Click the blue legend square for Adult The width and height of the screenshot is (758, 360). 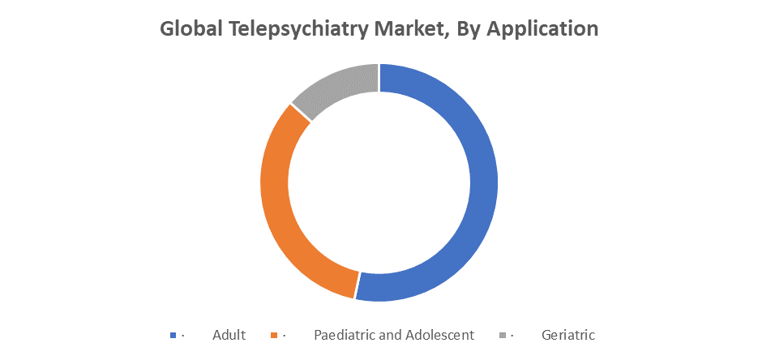(173, 335)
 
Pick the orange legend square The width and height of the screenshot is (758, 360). (273, 335)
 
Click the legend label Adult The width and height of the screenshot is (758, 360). (229, 335)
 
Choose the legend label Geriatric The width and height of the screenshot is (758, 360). (568, 335)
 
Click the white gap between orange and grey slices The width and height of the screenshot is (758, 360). (301, 113)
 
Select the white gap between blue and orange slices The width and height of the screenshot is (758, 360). (356, 285)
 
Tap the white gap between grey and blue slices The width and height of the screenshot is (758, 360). (379, 77)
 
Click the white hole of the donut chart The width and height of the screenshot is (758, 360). (379, 182)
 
